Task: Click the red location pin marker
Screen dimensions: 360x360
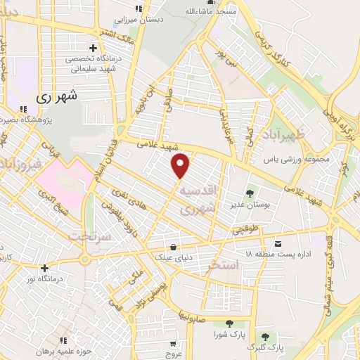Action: point(181,166)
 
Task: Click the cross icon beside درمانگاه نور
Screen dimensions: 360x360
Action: point(44,267)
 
